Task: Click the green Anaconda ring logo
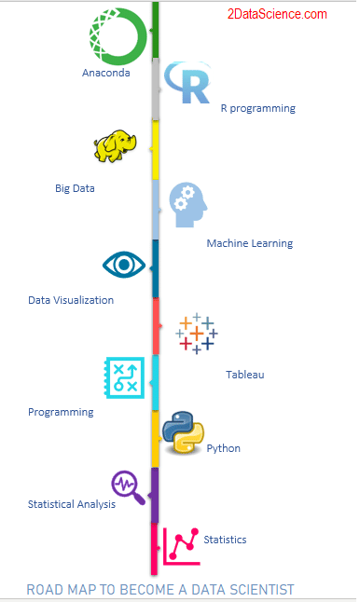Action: [x=117, y=36]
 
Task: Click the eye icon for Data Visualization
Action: [x=122, y=265]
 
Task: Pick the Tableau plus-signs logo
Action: [x=198, y=333]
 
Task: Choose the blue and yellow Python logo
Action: [x=183, y=431]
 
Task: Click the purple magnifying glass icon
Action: [x=128, y=486]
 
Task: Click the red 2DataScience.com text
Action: [x=275, y=14]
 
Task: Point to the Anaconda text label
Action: [x=106, y=72]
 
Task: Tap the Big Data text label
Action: [x=75, y=188]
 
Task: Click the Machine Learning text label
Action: [x=249, y=243]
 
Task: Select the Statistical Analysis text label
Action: [x=72, y=504]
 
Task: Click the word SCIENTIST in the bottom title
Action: [x=258, y=590]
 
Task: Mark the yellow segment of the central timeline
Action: [x=156, y=150]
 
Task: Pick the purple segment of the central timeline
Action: [x=155, y=495]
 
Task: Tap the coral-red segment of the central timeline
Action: [x=156, y=326]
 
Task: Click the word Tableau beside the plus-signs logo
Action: [x=245, y=375]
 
